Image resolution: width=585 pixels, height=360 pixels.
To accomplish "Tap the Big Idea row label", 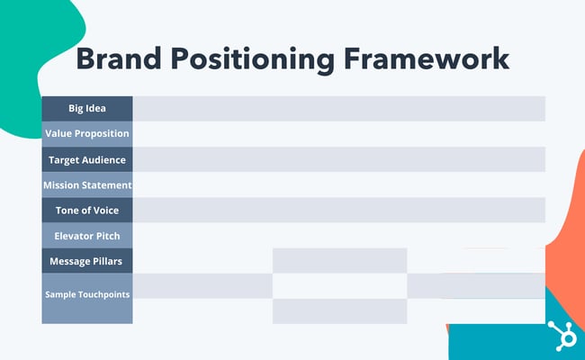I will pyautogui.click(x=87, y=108).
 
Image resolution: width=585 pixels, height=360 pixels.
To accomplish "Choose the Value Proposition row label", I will pyautogui.click(x=87, y=133).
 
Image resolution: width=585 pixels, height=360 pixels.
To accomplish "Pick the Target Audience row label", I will pyautogui.click(x=87, y=159).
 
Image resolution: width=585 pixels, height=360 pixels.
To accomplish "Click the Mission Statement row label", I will pyautogui.click(x=87, y=184).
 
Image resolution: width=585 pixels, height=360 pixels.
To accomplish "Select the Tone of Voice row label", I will pyautogui.click(x=87, y=210).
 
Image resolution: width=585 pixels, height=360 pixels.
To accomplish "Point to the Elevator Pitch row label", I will pyautogui.click(x=87, y=235).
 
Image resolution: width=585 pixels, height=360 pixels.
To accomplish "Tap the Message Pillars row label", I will pyautogui.click(x=87, y=261).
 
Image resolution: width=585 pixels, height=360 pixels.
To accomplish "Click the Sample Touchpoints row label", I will pyautogui.click(x=87, y=295).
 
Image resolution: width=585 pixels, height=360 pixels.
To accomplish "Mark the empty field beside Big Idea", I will pyautogui.click(x=338, y=108).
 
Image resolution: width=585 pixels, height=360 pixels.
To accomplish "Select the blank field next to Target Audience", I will pyautogui.click(x=338, y=159).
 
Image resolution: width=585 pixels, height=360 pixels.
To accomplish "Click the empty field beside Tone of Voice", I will pyautogui.click(x=338, y=210).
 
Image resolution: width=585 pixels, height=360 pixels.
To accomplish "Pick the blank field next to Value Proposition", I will pyautogui.click(x=338, y=133).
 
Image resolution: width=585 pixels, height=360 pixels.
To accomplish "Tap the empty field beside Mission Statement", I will pyautogui.click(x=338, y=184).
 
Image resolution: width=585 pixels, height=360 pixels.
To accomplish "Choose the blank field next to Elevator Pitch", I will pyautogui.click(x=338, y=235).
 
